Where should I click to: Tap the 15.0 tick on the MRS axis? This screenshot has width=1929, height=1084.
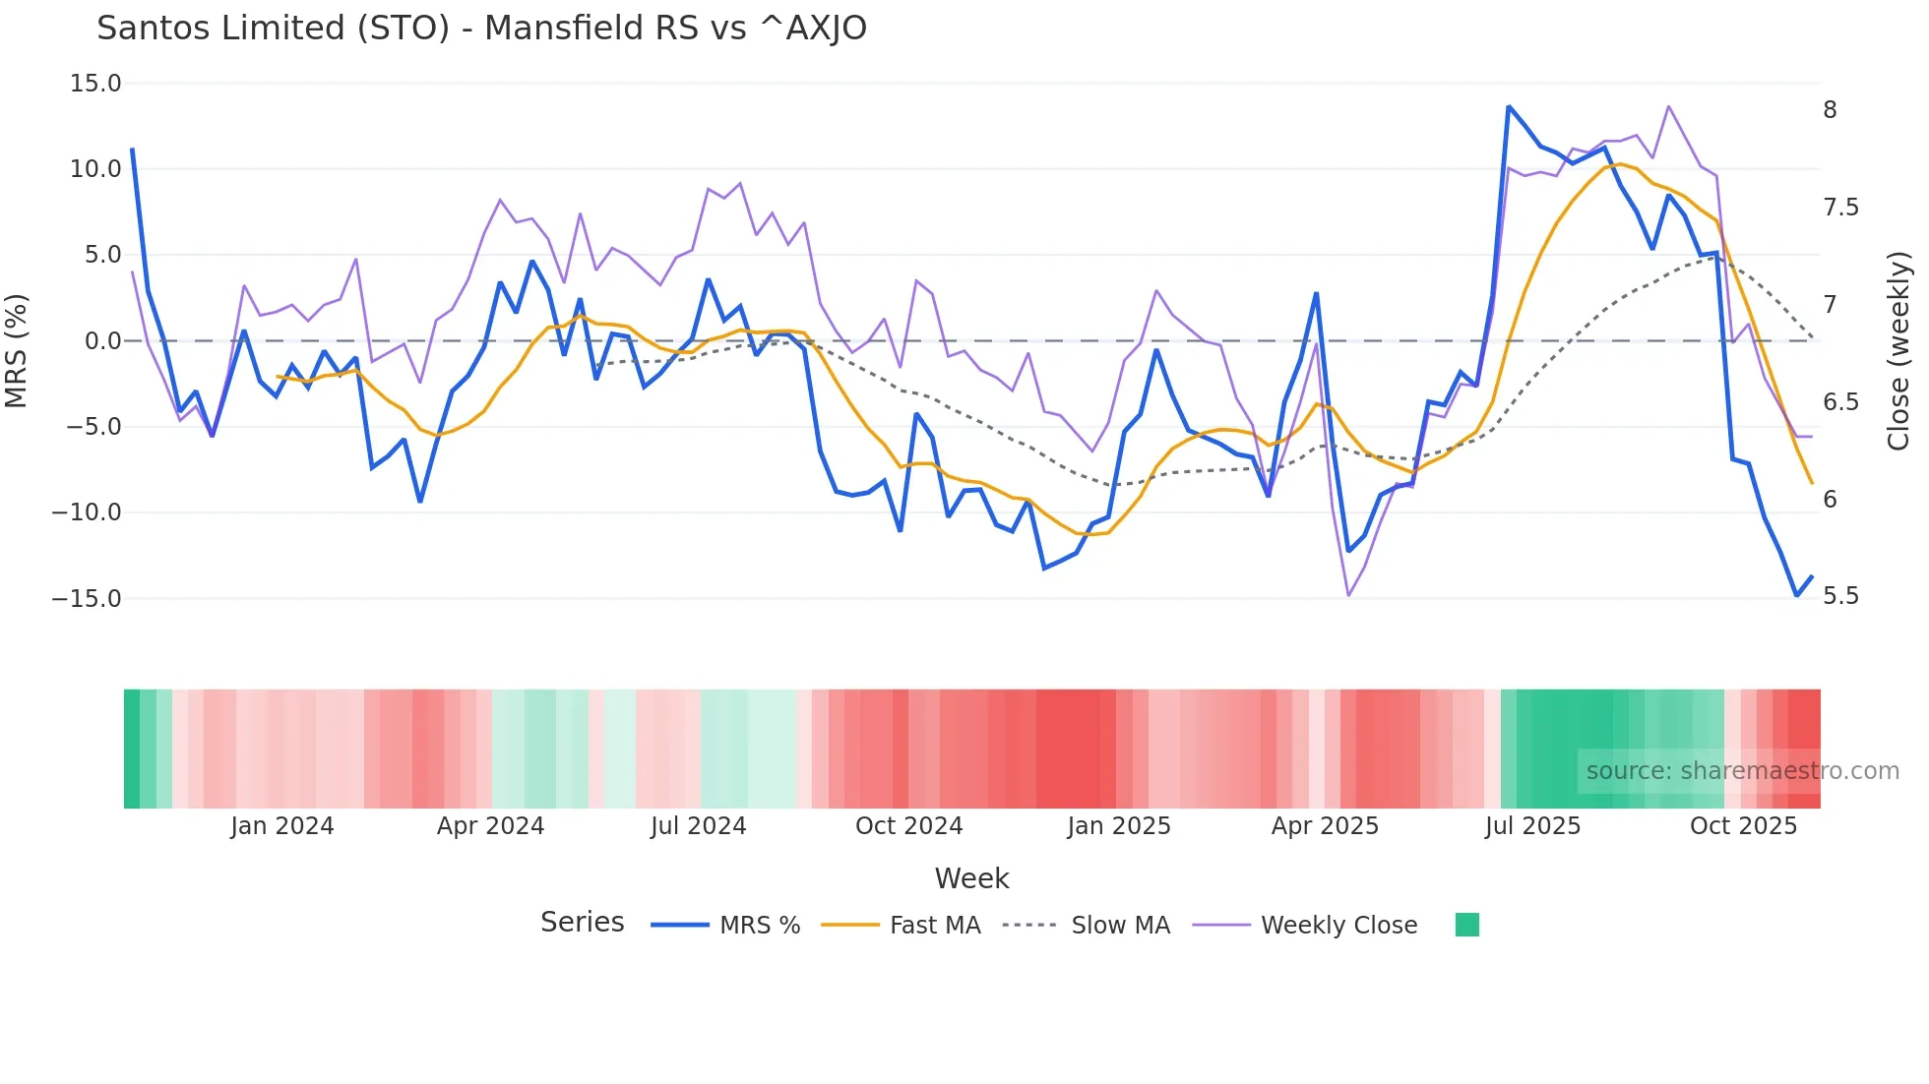click(x=95, y=84)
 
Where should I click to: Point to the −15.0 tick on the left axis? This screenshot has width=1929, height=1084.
click(x=87, y=598)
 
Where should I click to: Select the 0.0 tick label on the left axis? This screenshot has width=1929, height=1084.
click(x=102, y=341)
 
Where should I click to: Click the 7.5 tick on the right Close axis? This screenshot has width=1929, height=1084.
click(x=1841, y=208)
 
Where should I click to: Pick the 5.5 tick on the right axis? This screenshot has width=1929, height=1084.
click(x=1841, y=596)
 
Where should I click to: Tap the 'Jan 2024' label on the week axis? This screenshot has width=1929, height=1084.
click(x=282, y=826)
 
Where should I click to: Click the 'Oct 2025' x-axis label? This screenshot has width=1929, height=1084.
click(x=1743, y=826)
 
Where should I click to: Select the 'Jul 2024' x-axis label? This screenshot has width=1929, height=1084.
click(x=698, y=826)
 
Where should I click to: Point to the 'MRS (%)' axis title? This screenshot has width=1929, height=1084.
click(x=17, y=351)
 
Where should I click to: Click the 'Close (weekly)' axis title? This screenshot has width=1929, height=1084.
click(x=1898, y=351)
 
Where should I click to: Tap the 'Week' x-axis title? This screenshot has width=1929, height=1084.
click(x=971, y=878)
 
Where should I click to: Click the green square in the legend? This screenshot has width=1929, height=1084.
click(x=1466, y=925)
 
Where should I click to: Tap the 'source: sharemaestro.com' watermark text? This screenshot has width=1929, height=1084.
click(x=1742, y=771)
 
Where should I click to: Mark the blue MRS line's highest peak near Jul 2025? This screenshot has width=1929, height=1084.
click(x=1508, y=106)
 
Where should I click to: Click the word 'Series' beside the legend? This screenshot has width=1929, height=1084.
click(x=582, y=923)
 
